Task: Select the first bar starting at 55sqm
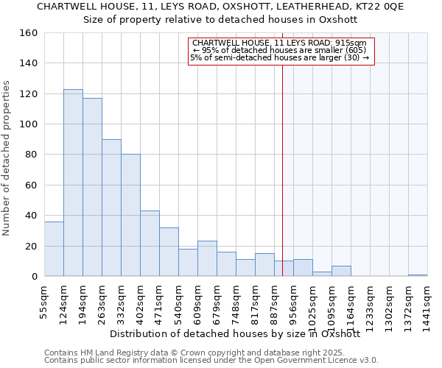pyautogui.click(x=54, y=249)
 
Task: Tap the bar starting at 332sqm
pyautogui.click(x=130, y=215)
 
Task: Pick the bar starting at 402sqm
pyautogui.click(x=150, y=243)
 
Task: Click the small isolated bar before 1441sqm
pyautogui.click(x=418, y=275)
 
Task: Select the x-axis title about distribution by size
pyautogui.click(x=234, y=333)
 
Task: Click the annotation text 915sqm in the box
pyautogui.click(x=361, y=43)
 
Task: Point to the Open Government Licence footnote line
pyautogui.click(x=211, y=361)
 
